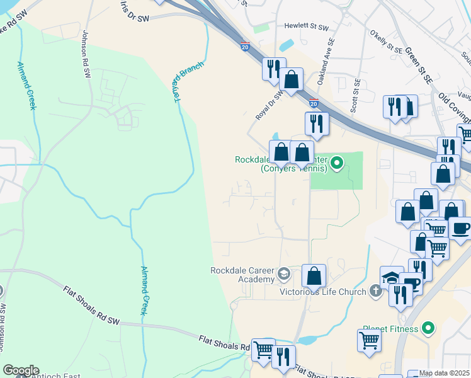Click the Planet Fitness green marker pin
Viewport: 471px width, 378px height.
click(428, 328)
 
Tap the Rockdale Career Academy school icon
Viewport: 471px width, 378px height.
click(283, 274)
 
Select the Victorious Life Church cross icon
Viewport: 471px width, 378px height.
click(375, 291)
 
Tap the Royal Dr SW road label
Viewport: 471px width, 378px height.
click(269, 105)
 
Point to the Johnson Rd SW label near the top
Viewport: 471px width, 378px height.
click(85, 57)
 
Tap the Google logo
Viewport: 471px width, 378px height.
click(21, 370)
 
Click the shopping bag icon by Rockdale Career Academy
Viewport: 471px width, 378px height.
click(313, 276)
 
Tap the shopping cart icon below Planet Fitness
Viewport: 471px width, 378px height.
click(369, 340)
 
